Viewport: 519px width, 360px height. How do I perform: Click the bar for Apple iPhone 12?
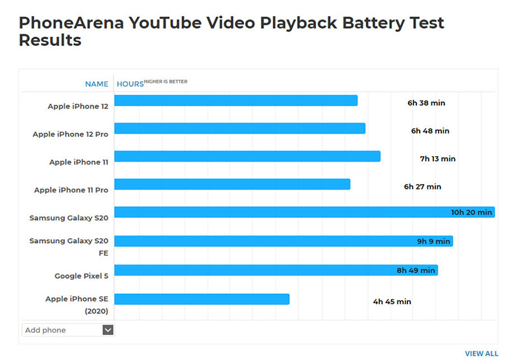[x=236, y=101]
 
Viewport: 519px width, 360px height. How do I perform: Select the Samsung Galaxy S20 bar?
[x=305, y=212]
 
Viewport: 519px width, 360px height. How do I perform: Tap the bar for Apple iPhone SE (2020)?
[x=202, y=299]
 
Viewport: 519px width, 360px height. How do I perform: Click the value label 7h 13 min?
[x=437, y=159]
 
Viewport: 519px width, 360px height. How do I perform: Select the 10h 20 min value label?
[x=472, y=212]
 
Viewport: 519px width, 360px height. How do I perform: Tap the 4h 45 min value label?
[x=391, y=302]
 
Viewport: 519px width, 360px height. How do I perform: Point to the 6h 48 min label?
[x=429, y=131]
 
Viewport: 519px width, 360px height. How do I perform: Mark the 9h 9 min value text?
[x=433, y=241]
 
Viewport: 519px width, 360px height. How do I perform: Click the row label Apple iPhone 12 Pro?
[x=70, y=134]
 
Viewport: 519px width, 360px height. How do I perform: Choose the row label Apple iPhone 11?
[x=78, y=162]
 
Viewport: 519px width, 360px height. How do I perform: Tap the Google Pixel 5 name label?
[x=81, y=276]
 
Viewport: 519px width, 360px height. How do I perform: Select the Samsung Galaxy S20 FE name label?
[x=69, y=246]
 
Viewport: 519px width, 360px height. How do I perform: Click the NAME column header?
[x=97, y=84]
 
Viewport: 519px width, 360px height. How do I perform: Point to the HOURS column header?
[x=130, y=84]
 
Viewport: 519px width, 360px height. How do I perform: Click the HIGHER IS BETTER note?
[x=165, y=82]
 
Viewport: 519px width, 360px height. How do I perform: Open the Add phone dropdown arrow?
[x=108, y=330]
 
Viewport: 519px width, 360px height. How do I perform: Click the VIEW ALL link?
[x=481, y=354]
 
